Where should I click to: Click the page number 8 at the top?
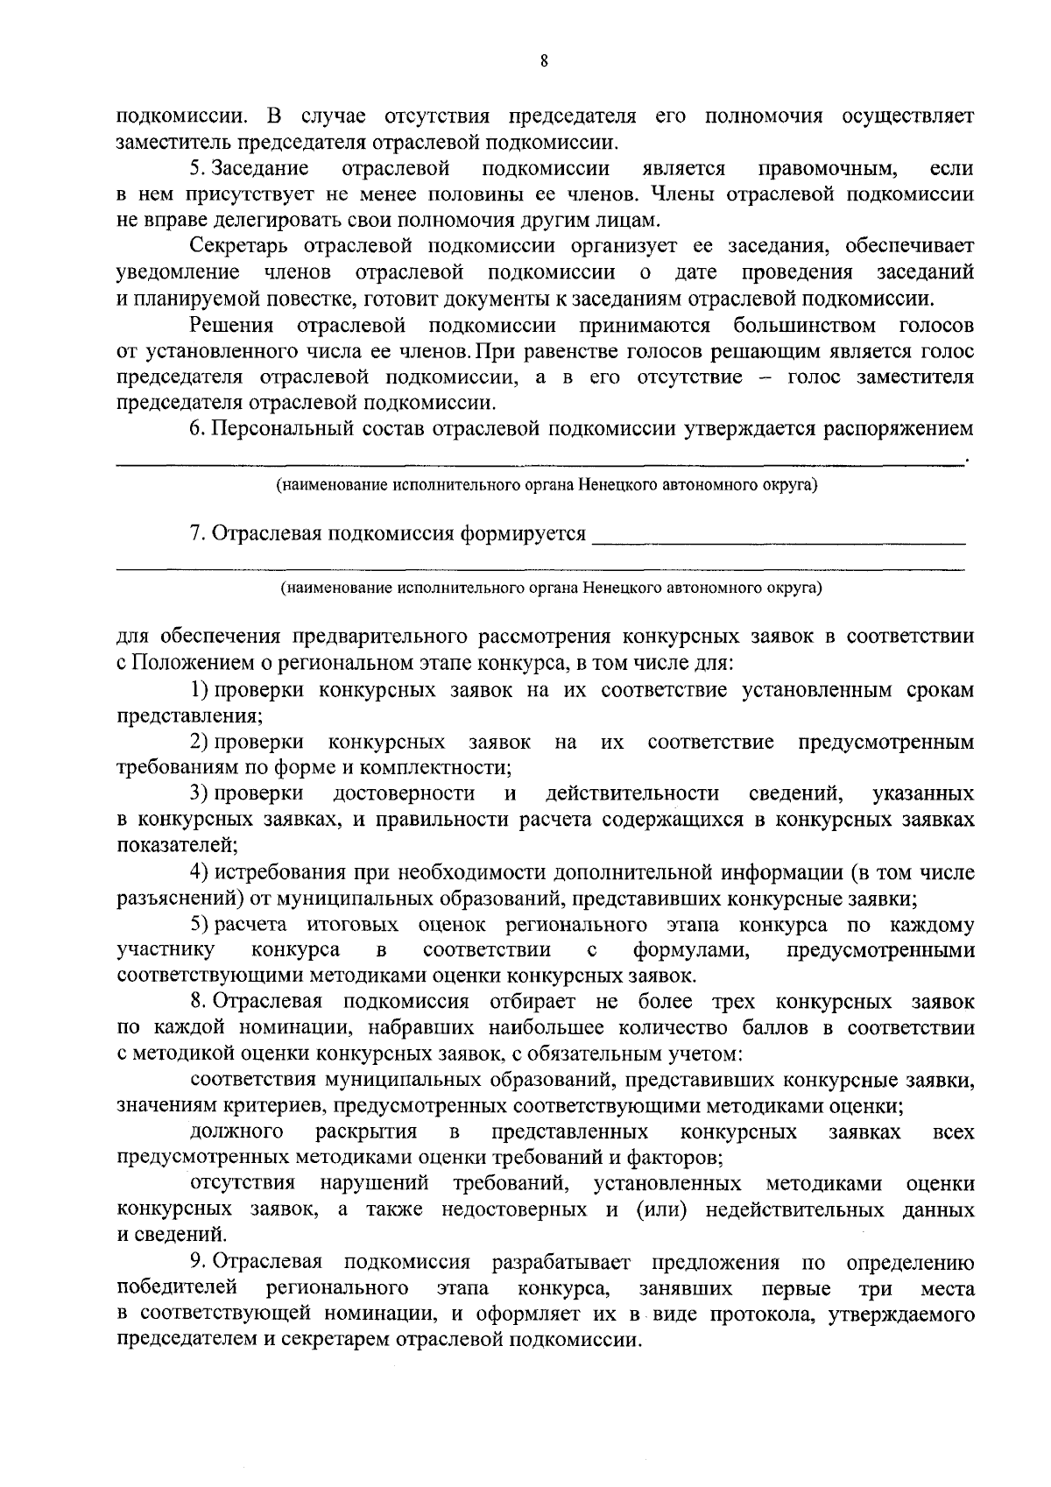tap(544, 60)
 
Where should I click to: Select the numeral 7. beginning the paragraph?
tap(198, 533)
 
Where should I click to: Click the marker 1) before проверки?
tap(199, 690)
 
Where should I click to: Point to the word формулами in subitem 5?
tap(691, 950)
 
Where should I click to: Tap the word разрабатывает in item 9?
tap(561, 1262)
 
